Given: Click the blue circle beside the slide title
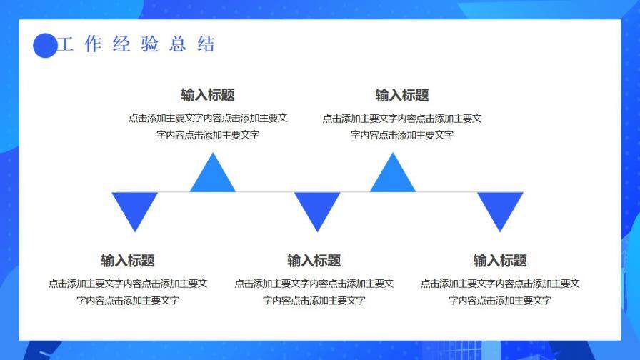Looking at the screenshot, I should pyautogui.click(x=45, y=46).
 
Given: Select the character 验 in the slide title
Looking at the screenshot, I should pyautogui.click(x=149, y=44).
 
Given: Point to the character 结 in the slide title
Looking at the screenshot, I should pyautogui.click(x=206, y=44).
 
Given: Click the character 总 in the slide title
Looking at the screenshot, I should pyautogui.click(x=178, y=44).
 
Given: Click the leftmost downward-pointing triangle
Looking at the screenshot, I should pyautogui.click(x=135, y=209).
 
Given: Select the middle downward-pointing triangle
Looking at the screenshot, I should pyautogui.click(x=317, y=209).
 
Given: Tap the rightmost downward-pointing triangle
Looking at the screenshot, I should pyautogui.click(x=500, y=209).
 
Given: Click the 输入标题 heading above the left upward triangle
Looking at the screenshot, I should pyautogui.click(x=208, y=95).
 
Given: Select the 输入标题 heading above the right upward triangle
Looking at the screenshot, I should pyautogui.click(x=402, y=95).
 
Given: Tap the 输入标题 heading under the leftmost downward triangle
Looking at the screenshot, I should pyautogui.click(x=128, y=261).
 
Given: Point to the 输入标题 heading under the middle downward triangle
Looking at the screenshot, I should pyautogui.click(x=314, y=261).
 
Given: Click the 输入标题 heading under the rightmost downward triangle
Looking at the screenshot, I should pyautogui.click(x=500, y=261).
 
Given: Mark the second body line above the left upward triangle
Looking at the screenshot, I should pyautogui.click(x=208, y=135).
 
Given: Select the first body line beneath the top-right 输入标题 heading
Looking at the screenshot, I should pyautogui.click(x=402, y=119).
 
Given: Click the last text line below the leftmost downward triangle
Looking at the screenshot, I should pyautogui.click(x=128, y=301).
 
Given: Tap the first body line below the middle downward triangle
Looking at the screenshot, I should pyautogui.click(x=314, y=284).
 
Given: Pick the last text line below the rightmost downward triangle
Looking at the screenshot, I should pyautogui.click(x=500, y=301).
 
